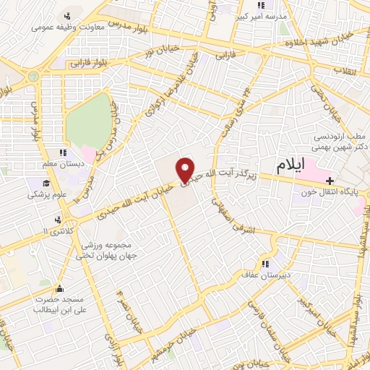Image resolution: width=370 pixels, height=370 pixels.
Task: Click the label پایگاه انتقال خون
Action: coord(332,193)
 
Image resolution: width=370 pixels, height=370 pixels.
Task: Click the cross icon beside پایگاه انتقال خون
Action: coord(330,180)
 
